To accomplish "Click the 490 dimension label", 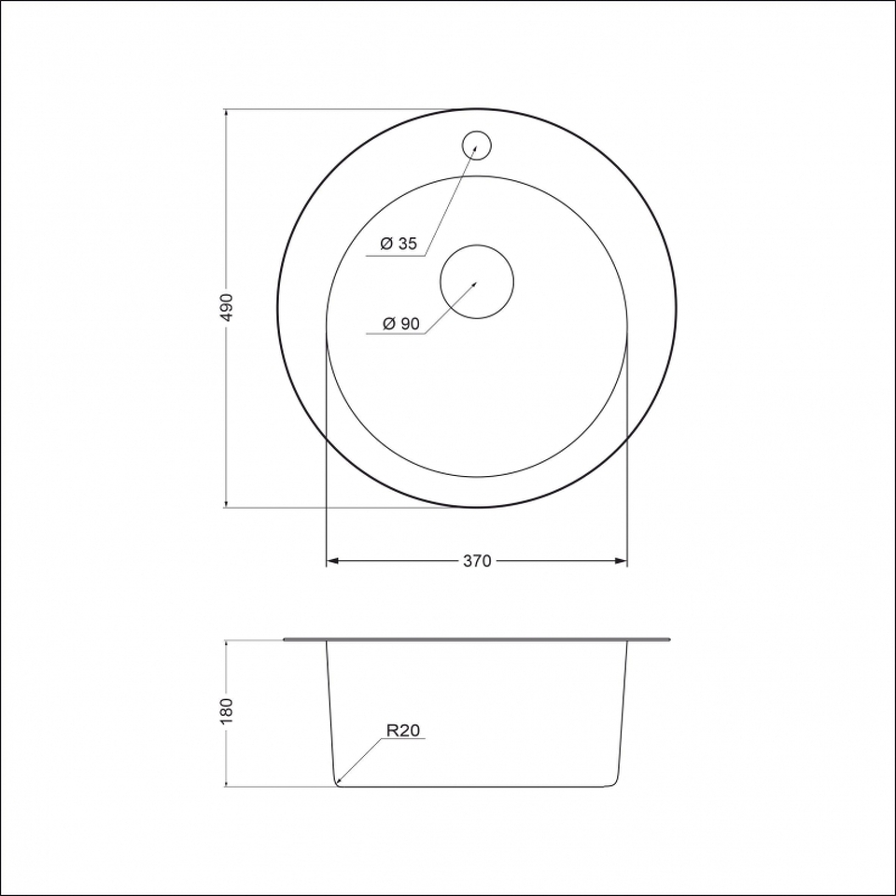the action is click(x=227, y=307).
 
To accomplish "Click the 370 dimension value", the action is click(x=477, y=561).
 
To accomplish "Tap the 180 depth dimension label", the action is click(x=227, y=711).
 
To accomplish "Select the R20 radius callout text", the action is click(x=403, y=730).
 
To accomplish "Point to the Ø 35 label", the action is click(x=399, y=244).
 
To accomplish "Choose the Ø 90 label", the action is click(x=401, y=324).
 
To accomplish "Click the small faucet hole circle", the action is click(x=477, y=146).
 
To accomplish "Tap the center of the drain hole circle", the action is click(x=477, y=282).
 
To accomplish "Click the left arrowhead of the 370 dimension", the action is click(x=332, y=561).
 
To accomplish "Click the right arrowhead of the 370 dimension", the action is click(x=622, y=561).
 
